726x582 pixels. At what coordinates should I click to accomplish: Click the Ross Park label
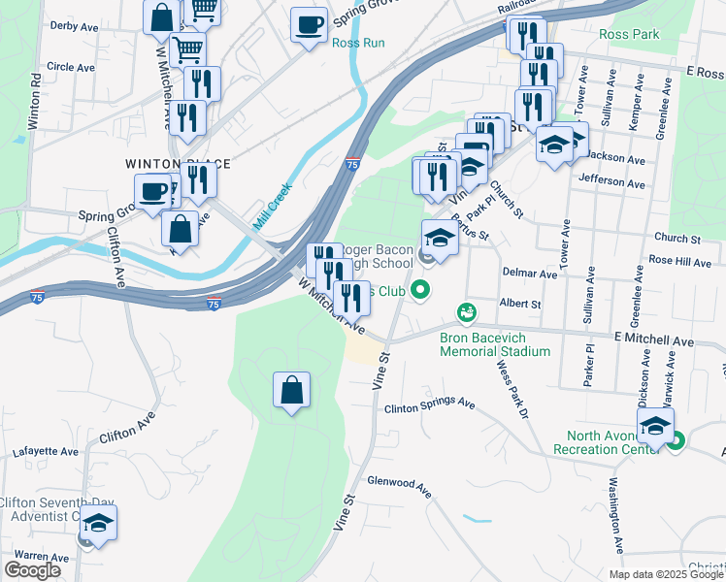tap(629, 34)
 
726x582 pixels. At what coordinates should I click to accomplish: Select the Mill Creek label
tap(273, 207)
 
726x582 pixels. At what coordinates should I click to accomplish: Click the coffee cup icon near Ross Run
tap(310, 24)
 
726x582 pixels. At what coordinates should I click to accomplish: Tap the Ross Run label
tap(358, 44)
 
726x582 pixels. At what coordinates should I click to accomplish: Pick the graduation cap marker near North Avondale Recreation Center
tap(655, 426)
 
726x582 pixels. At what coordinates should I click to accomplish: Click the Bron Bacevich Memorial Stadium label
tap(494, 344)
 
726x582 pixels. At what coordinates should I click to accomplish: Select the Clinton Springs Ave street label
tap(428, 404)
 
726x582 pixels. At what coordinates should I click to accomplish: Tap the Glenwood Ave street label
tap(399, 485)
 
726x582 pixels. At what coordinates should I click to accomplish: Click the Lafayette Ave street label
tap(46, 452)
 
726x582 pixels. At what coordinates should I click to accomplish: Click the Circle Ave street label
tap(70, 67)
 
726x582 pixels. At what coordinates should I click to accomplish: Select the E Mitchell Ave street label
tap(653, 341)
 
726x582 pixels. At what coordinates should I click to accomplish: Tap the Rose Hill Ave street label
tap(680, 261)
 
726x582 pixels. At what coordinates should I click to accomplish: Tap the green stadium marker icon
tap(467, 312)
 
